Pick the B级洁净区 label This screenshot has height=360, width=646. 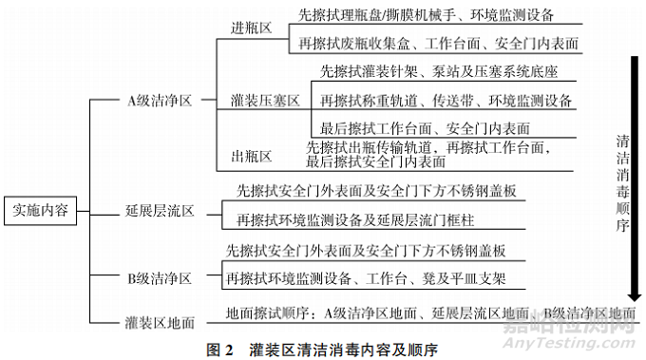pos(160,278)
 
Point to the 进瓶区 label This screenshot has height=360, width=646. pos(252,29)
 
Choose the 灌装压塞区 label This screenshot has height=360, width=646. pos(265,99)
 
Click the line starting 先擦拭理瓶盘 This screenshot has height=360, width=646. pos(427,16)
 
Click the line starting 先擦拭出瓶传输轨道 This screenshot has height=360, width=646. pos(428,155)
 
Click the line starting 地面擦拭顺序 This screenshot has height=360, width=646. pos(430,313)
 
